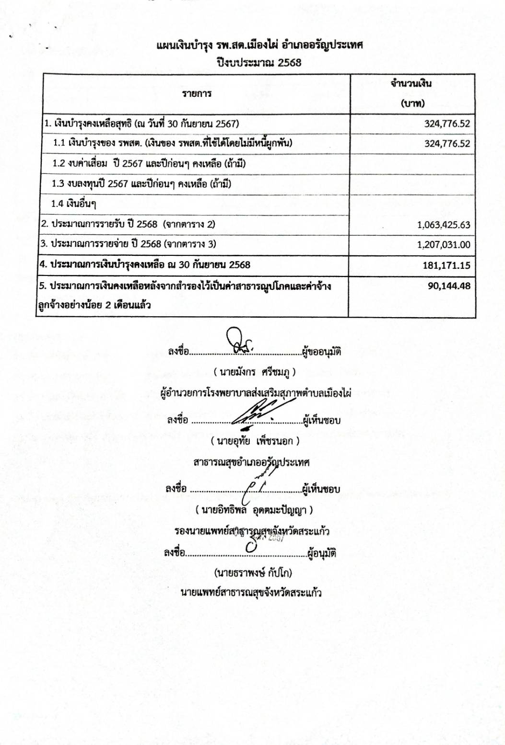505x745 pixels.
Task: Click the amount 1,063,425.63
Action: [444, 225]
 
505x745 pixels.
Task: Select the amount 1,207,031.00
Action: [444, 245]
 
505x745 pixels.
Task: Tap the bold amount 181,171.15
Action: [446, 265]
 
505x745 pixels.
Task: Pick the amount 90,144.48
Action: [449, 286]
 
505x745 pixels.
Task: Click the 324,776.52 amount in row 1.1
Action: [447, 143]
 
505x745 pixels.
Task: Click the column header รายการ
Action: [197, 93]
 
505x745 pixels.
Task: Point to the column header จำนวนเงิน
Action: [411, 83]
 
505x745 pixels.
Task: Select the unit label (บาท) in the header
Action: [412, 103]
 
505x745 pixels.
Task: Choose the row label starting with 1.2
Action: [149, 163]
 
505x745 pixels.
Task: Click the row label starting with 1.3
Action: [141, 183]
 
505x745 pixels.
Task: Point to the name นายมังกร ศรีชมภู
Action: [255, 372]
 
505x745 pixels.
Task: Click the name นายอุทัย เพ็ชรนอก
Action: [255, 441]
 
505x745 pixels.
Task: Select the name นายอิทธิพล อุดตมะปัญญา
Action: [254, 510]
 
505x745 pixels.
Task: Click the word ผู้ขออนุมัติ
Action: [321, 352]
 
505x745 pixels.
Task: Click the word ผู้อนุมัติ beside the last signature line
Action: [322, 553]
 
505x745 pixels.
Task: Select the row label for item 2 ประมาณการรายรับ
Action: [128, 224]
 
